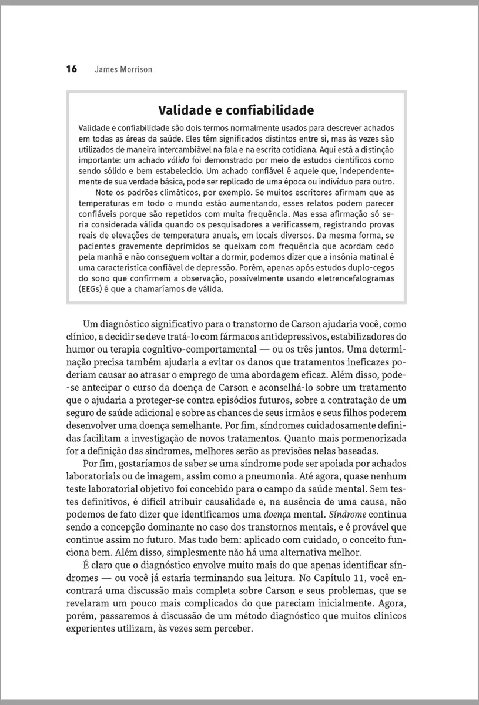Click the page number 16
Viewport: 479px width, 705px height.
point(71,69)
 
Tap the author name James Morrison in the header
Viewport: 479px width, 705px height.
point(123,69)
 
